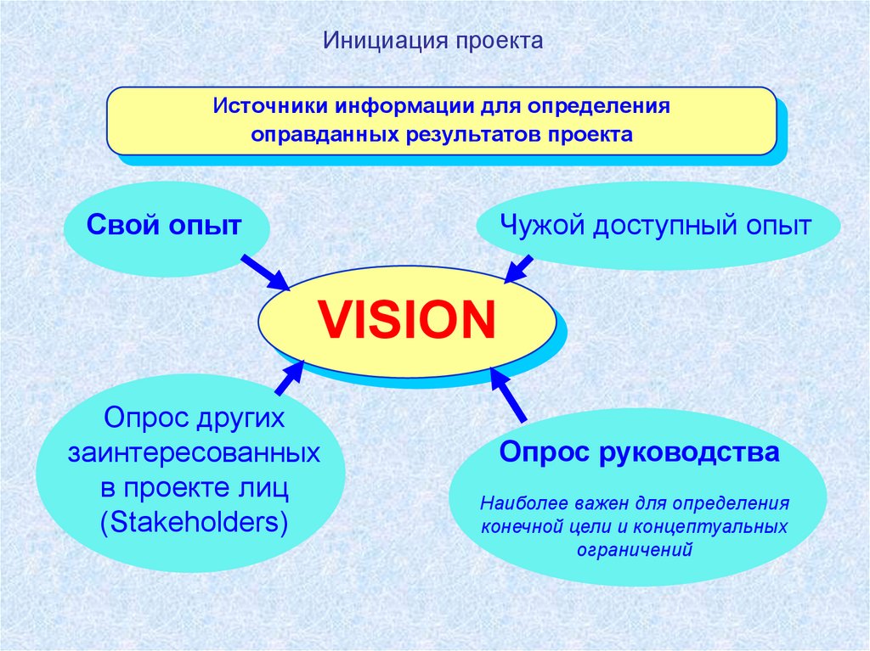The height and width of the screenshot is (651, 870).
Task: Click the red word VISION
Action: pyautogui.click(x=406, y=319)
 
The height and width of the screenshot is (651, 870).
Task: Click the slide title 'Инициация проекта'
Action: pyautogui.click(x=432, y=42)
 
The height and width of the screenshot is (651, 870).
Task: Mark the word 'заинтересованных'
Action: pyautogui.click(x=194, y=452)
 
